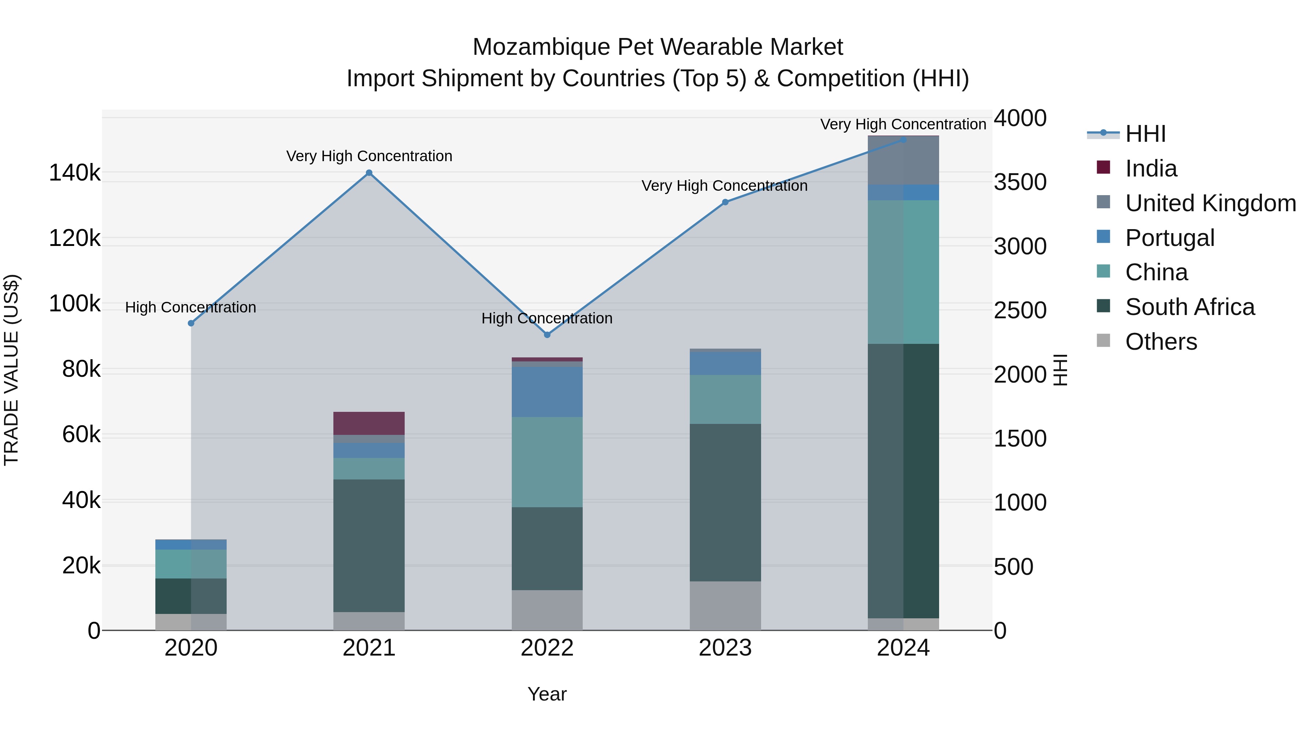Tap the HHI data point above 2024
pyautogui.click(x=903, y=140)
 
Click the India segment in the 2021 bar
pyautogui.click(x=369, y=424)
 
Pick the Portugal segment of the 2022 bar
pyautogui.click(x=547, y=392)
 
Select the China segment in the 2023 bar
pyautogui.click(x=725, y=399)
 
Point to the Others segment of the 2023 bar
pyautogui.click(x=725, y=606)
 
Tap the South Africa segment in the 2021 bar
pyautogui.click(x=369, y=546)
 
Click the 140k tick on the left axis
pyautogui.click(x=75, y=173)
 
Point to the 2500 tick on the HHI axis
pyautogui.click(x=1020, y=311)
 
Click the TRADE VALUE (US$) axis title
pyautogui.click(x=11, y=370)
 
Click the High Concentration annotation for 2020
pyautogui.click(x=190, y=307)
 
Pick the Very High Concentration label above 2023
pyautogui.click(x=725, y=186)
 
